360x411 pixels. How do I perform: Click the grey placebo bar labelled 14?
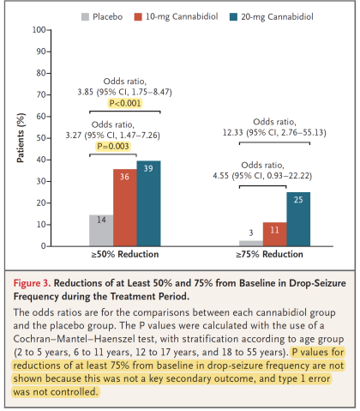(x=101, y=230)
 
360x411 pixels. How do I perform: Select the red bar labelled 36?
(x=125, y=208)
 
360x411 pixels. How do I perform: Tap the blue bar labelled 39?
(x=148, y=203)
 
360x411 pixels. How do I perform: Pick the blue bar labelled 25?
(x=298, y=219)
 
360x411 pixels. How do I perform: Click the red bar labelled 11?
(x=274, y=234)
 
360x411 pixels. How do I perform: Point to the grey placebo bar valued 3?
(x=251, y=243)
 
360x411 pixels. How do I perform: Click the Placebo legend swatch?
(x=85, y=17)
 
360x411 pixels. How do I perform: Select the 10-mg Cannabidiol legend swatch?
(x=138, y=17)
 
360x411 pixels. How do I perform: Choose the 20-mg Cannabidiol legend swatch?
(x=233, y=17)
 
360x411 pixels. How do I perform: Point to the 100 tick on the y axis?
(x=49, y=30)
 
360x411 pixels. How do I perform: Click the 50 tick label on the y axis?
(x=40, y=138)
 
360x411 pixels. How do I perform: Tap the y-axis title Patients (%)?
(x=21, y=138)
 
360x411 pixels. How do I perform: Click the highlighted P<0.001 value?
(x=125, y=103)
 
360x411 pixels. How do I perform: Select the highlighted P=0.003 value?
(x=113, y=147)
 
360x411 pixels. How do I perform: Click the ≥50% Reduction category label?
(x=125, y=254)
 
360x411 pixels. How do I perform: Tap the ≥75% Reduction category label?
(x=269, y=254)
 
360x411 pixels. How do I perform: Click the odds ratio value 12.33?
(x=233, y=133)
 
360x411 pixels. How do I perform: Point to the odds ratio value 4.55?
(x=220, y=176)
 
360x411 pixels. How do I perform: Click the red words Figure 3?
(x=32, y=283)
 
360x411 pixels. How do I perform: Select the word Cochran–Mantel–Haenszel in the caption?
(x=75, y=339)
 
